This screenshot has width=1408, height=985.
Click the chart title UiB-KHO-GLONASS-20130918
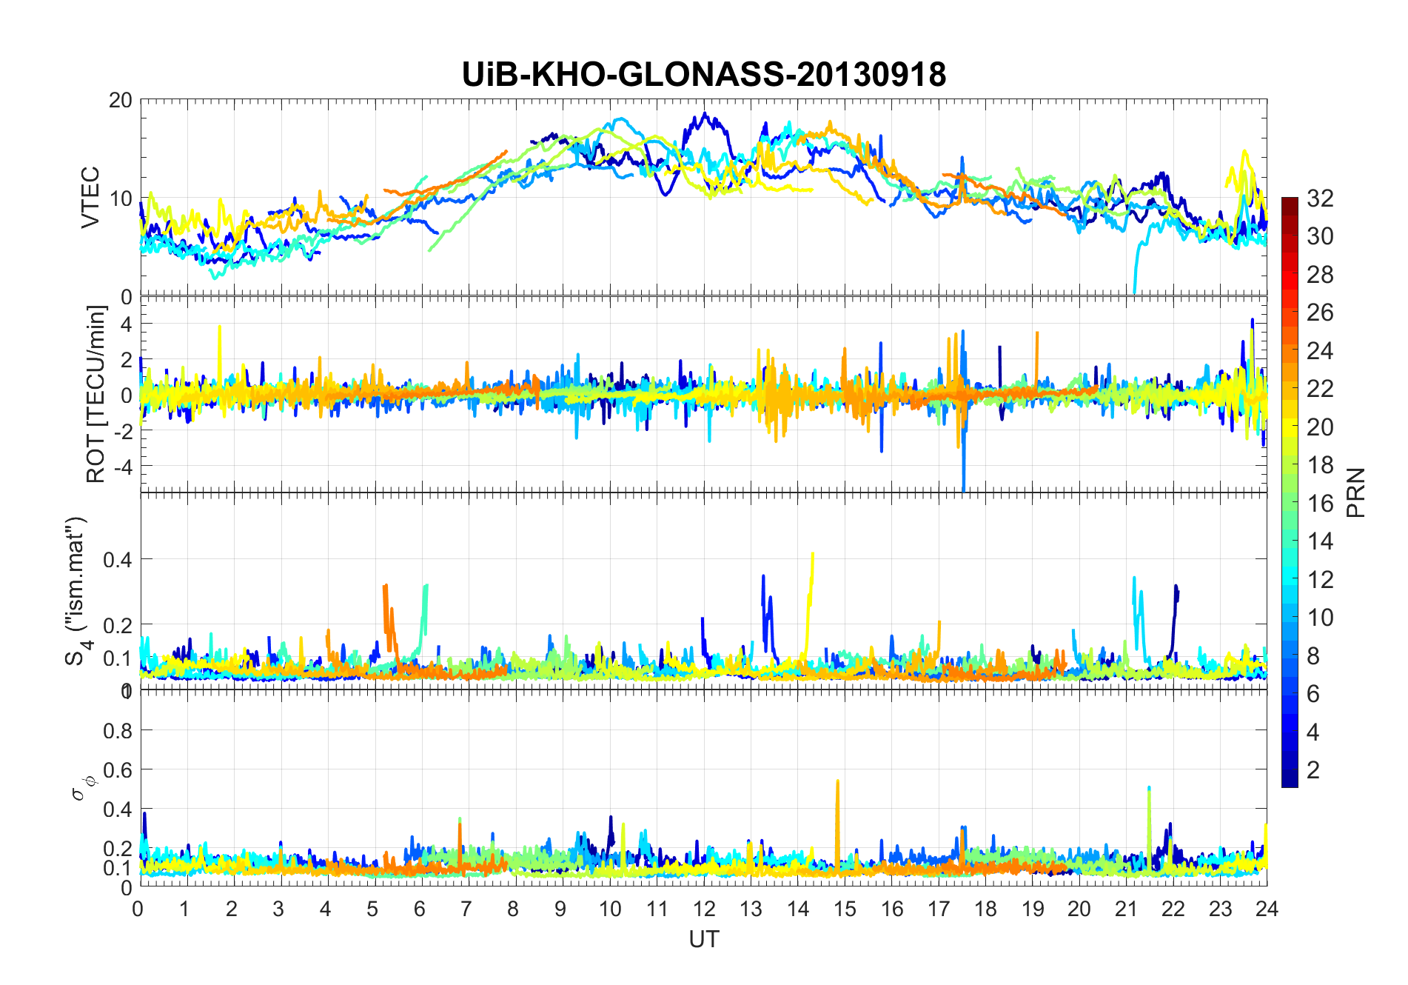point(703,75)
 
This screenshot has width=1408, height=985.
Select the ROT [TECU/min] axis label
point(96,394)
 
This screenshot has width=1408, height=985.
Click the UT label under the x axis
point(703,939)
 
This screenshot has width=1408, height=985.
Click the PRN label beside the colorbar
point(1356,492)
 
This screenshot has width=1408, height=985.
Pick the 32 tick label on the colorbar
point(1320,198)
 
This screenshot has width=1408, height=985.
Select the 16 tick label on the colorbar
point(1320,504)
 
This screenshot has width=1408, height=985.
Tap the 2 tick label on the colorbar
point(1313,770)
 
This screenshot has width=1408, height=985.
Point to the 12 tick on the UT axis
point(704,909)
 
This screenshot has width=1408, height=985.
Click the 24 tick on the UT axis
point(1267,909)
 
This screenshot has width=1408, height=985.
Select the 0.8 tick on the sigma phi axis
point(118,731)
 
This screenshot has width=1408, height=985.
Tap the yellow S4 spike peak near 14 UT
point(813,553)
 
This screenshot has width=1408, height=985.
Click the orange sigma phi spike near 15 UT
point(837,781)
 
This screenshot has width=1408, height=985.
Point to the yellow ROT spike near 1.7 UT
point(219,327)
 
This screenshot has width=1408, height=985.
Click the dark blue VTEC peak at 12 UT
point(704,114)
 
